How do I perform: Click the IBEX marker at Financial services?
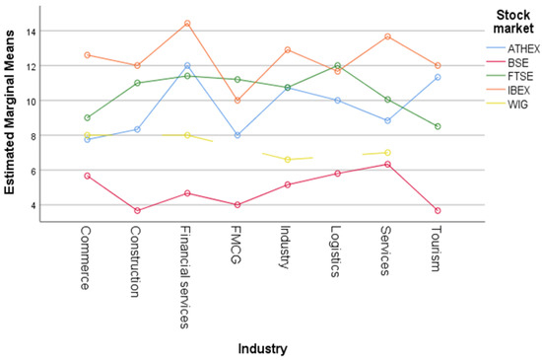pyautogui.click(x=187, y=24)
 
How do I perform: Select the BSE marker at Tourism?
pyautogui.click(x=437, y=211)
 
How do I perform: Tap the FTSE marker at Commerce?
pyautogui.click(x=88, y=117)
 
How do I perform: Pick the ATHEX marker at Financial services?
pyautogui.click(x=187, y=66)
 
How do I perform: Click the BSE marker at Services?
pyautogui.click(x=386, y=164)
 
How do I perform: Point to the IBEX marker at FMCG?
pyautogui.click(x=237, y=101)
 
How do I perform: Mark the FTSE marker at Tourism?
pyautogui.click(x=437, y=126)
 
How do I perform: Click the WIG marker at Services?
pyautogui.click(x=386, y=152)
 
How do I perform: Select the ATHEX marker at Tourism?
pyautogui.click(x=437, y=77)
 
